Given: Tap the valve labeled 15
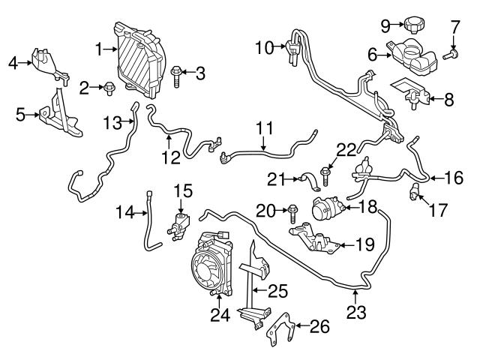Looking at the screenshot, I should pos(181,219).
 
